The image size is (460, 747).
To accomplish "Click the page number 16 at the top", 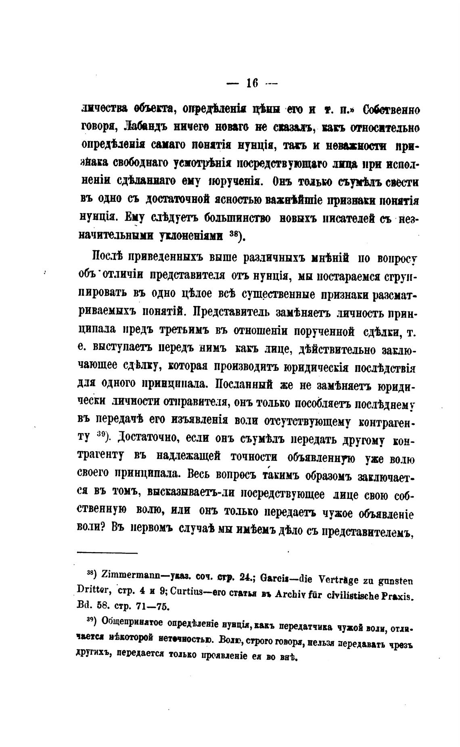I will pos(252,84).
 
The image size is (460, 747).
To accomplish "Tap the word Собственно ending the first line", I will pos(391,110).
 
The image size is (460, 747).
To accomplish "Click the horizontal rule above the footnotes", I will pos(107,553).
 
